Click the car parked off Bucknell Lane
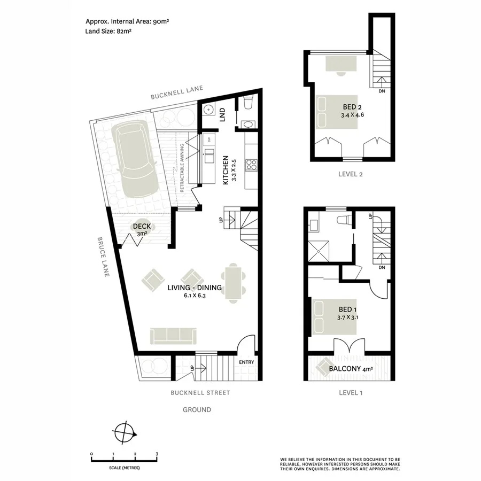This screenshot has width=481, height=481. pyautogui.click(x=136, y=160)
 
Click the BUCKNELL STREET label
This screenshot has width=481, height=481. pyautogui.click(x=200, y=393)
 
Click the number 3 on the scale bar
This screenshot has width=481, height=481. pyautogui.click(x=157, y=454)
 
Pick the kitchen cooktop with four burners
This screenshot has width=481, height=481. pyautogui.click(x=251, y=166)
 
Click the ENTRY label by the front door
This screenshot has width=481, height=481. pyautogui.click(x=246, y=362)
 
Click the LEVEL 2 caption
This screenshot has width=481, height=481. pyautogui.click(x=351, y=174)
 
